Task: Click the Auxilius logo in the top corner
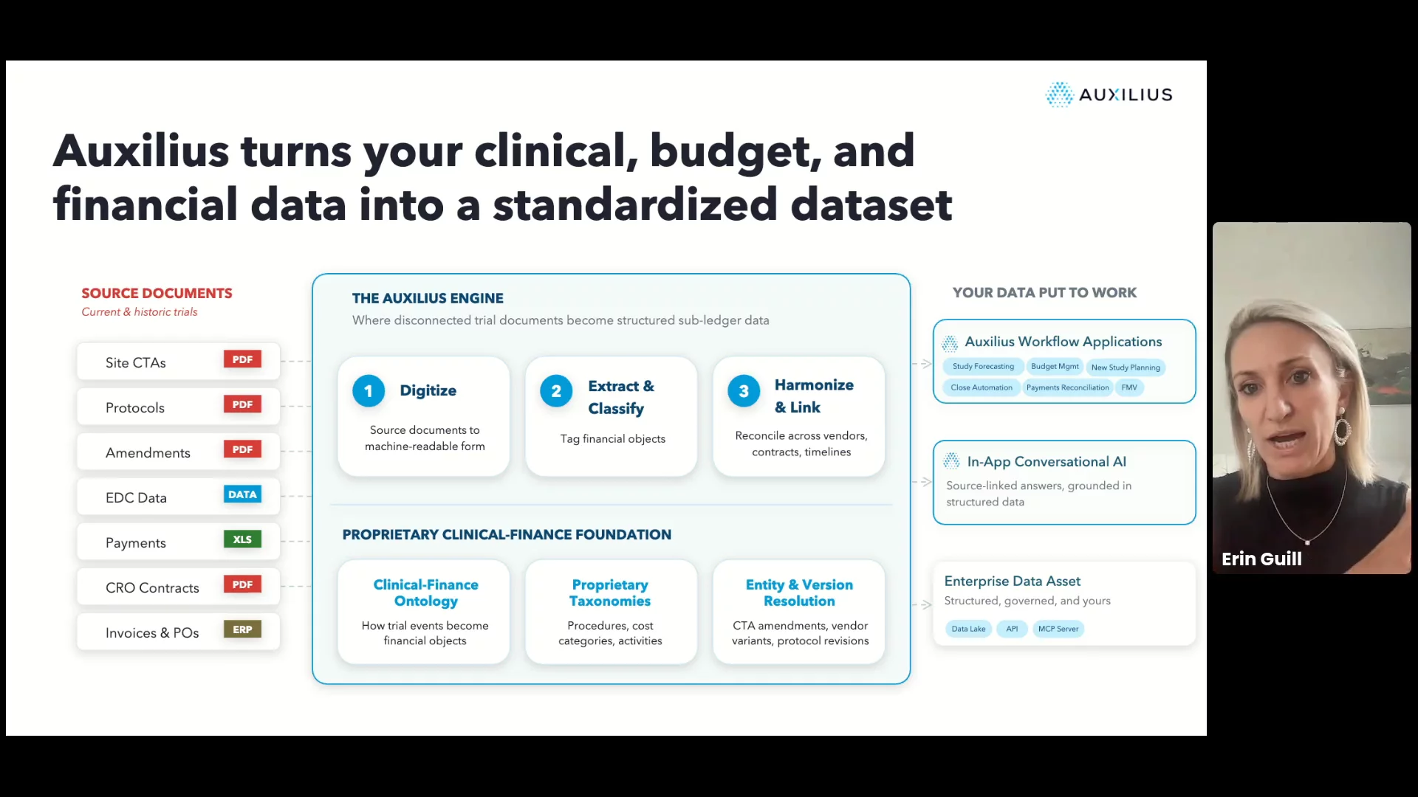click(x=1109, y=94)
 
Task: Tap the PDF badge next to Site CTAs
click(x=242, y=359)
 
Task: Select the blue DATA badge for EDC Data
click(x=242, y=494)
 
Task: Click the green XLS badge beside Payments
click(x=242, y=539)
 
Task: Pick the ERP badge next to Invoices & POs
click(x=242, y=629)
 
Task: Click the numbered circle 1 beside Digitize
click(x=369, y=391)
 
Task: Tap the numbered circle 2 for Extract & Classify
click(x=556, y=391)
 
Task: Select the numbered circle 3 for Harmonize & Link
click(x=744, y=391)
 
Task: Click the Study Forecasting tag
click(x=983, y=367)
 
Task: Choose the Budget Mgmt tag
click(x=1055, y=367)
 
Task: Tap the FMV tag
click(x=1129, y=387)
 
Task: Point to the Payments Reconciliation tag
click(x=1067, y=387)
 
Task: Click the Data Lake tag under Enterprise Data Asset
click(x=968, y=629)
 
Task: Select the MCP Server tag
click(x=1058, y=629)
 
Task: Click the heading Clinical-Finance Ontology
click(x=426, y=593)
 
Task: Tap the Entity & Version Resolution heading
click(x=799, y=593)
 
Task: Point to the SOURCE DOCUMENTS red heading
click(x=157, y=293)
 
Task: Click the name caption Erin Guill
click(x=1261, y=559)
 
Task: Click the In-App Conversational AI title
click(x=1047, y=462)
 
